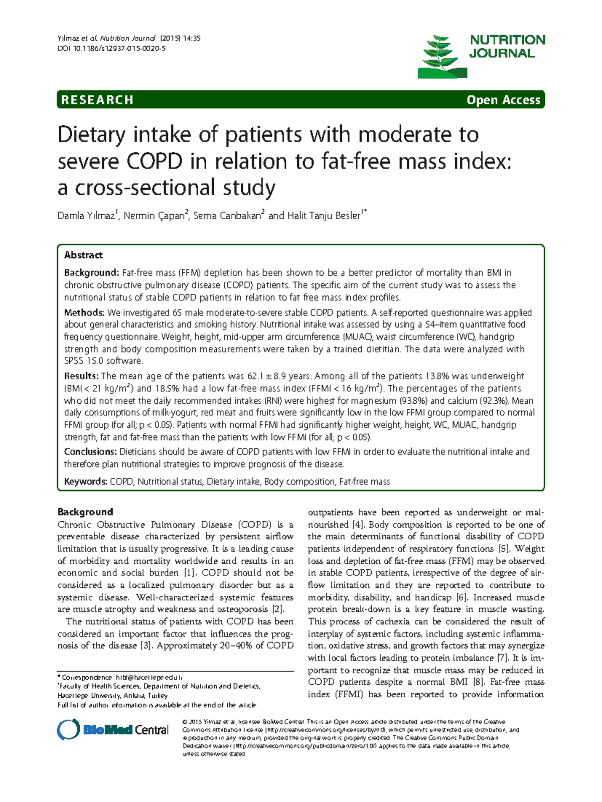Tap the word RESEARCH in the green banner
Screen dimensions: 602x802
[97, 100]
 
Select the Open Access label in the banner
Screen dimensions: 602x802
[503, 100]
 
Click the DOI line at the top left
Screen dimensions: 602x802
[111, 49]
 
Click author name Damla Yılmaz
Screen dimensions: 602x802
[87, 216]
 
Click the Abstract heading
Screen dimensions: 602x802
[83, 255]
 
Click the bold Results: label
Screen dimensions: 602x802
[81, 376]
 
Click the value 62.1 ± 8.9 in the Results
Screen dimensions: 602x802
[266, 376]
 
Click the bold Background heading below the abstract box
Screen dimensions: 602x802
[85, 512]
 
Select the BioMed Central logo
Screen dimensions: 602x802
[113, 730]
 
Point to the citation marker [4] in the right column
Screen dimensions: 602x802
[358, 525]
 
